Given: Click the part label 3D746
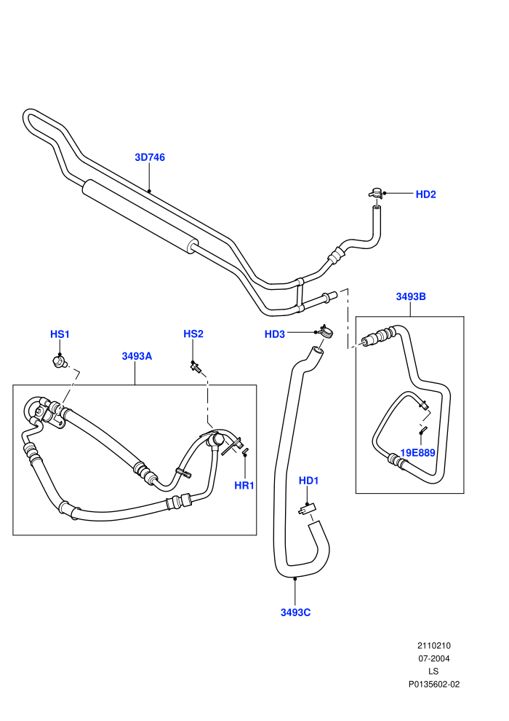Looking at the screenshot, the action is tap(150, 157).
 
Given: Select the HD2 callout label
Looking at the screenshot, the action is tap(425, 194).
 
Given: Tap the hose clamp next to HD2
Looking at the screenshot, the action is tap(375, 193).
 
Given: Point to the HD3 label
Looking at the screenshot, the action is tap(274, 334).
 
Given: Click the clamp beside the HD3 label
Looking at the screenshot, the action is tap(326, 331).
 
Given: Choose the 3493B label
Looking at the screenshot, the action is tap(411, 296).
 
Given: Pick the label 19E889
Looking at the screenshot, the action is tap(417, 453).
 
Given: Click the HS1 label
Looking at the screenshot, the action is tap(60, 334).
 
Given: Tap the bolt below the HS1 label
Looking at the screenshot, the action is tap(59, 362).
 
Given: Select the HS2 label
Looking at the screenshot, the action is tap(193, 334).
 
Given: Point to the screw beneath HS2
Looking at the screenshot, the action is tap(196, 366).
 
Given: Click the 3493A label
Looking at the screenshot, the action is tap(137, 356).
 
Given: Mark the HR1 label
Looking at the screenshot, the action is tap(244, 486).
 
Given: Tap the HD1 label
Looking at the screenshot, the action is tap(308, 481).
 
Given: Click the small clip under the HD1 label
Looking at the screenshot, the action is tap(306, 508).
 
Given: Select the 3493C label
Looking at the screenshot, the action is tap(295, 612).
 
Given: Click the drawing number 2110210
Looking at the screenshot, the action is tap(433, 645).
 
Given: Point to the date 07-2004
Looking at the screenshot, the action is tap(433, 658).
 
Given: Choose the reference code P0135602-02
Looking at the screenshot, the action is tap(434, 684).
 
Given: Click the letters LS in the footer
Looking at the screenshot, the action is tap(433, 671).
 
